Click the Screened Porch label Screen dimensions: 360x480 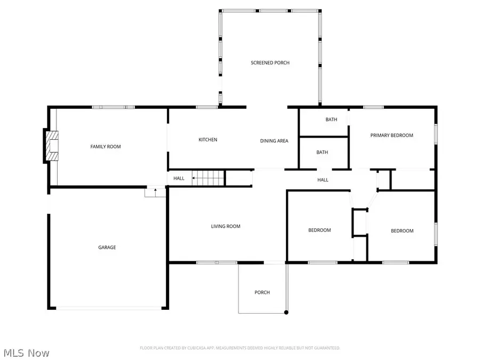270,63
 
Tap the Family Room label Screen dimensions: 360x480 105,147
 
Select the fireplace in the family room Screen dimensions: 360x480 51,146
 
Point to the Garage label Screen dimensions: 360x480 107,247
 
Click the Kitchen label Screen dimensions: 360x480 207,140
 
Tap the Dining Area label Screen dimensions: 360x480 274,141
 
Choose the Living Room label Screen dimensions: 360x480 226,226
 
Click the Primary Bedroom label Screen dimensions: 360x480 391,135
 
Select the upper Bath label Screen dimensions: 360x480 331,119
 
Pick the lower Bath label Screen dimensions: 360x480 322,152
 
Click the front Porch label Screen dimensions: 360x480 262,292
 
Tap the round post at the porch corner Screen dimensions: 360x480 286,312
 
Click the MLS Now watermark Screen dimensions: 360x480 27,353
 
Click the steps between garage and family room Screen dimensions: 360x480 155,192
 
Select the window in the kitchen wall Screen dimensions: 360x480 206,107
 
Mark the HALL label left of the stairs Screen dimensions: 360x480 179,178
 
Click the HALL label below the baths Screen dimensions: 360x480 323,180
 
